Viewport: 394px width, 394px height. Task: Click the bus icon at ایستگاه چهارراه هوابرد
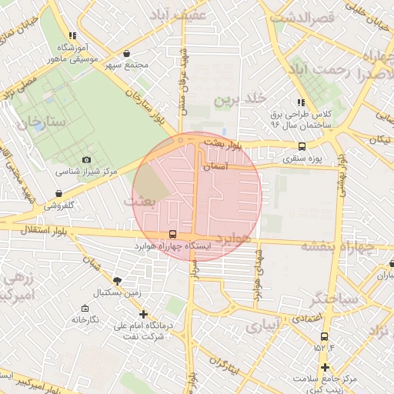tap(172, 235)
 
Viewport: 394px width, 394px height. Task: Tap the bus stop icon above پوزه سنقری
tap(301, 147)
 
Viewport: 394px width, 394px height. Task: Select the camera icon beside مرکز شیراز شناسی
tap(86, 159)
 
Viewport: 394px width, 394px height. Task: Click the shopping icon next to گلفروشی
tap(59, 193)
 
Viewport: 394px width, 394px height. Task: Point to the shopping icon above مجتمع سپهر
tap(126, 53)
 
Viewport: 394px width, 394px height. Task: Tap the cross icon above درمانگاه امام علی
tap(143, 314)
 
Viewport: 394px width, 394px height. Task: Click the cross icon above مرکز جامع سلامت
tap(326, 367)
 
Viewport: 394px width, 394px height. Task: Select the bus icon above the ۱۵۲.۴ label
tap(324, 336)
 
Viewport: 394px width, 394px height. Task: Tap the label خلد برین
tap(239, 99)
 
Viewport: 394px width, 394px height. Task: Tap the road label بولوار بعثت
tap(229, 144)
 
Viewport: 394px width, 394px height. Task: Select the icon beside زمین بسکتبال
tap(116, 282)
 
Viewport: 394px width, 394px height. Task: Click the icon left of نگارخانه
tap(75, 319)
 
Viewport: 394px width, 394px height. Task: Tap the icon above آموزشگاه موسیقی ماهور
tap(72, 35)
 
